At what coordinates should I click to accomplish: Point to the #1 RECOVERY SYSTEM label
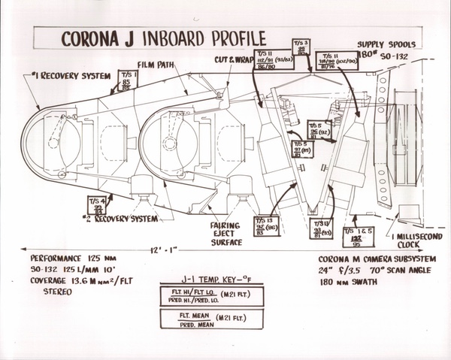65,76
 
